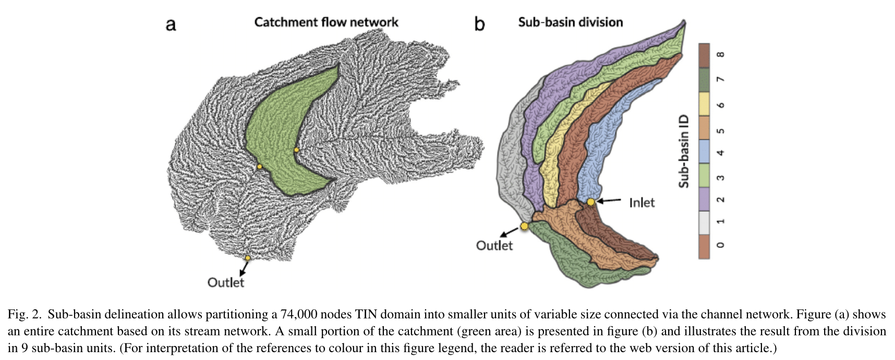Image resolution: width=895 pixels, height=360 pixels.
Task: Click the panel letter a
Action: (x=171, y=25)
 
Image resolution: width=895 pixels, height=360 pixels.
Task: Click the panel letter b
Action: (x=479, y=23)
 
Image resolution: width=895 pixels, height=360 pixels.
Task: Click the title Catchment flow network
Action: (x=326, y=22)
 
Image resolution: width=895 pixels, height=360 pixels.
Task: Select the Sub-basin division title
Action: (x=570, y=22)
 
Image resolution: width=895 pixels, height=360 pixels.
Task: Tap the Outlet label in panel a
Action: (x=225, y=282)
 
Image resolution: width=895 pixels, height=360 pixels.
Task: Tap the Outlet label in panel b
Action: (x=494, y=245)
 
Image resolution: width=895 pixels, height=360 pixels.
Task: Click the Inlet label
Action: (x=641, y=202)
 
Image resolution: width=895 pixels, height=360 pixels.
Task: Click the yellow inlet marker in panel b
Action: (x=590, y=202)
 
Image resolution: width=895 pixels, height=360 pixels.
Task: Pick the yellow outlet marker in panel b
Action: (x=524, y=226)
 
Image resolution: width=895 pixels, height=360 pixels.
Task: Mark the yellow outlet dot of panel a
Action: (x=248, y=258)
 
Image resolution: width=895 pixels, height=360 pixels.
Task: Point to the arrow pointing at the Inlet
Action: (x=609, y=201)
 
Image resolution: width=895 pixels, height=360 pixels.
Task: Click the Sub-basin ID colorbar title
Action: (x=683, y=151)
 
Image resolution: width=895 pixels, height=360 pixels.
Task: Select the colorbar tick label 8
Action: (x=720, y=55)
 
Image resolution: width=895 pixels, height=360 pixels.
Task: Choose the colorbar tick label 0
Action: (x=720, y=245)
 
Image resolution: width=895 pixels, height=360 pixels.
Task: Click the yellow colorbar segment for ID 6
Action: (x=704, y=104)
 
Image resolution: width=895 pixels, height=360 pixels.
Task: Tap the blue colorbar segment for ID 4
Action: (x=704, y=152)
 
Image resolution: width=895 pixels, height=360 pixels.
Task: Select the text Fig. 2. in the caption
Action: (x=24, y=315)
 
